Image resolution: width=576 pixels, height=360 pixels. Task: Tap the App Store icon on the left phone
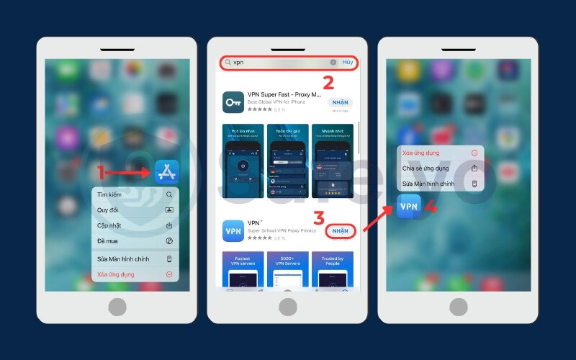(166, 172)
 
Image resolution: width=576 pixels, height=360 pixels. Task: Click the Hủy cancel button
(348, 63)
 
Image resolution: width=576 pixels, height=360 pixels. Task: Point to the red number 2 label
(328, 82)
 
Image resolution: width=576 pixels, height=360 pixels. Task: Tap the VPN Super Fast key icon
(233, 102)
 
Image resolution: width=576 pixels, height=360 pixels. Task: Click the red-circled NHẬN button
(340, 231)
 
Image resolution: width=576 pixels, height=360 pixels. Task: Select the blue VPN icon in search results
(233, 231)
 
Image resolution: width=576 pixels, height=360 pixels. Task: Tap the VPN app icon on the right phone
(409, 207)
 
